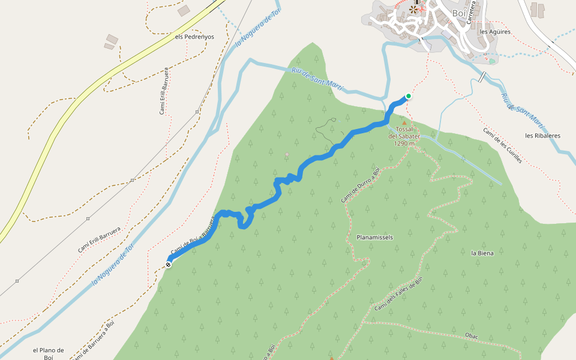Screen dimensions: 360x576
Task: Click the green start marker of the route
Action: pos(409,96)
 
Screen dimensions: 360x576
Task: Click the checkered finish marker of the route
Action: pos(169,264)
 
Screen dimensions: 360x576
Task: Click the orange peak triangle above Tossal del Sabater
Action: pos(404,123)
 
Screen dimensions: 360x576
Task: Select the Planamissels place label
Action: pos(374,238)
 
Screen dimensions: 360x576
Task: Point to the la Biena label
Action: pos(482,253)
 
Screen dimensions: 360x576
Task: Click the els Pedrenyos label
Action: pos(194,37)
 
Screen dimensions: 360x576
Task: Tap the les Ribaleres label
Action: pos(542,136)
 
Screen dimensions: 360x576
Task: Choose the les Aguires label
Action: pos(495,32)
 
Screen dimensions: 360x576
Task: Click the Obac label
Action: pos(472,335)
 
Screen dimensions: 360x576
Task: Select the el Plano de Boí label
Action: pos(49,353)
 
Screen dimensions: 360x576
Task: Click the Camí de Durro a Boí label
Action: pos(361,185)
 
